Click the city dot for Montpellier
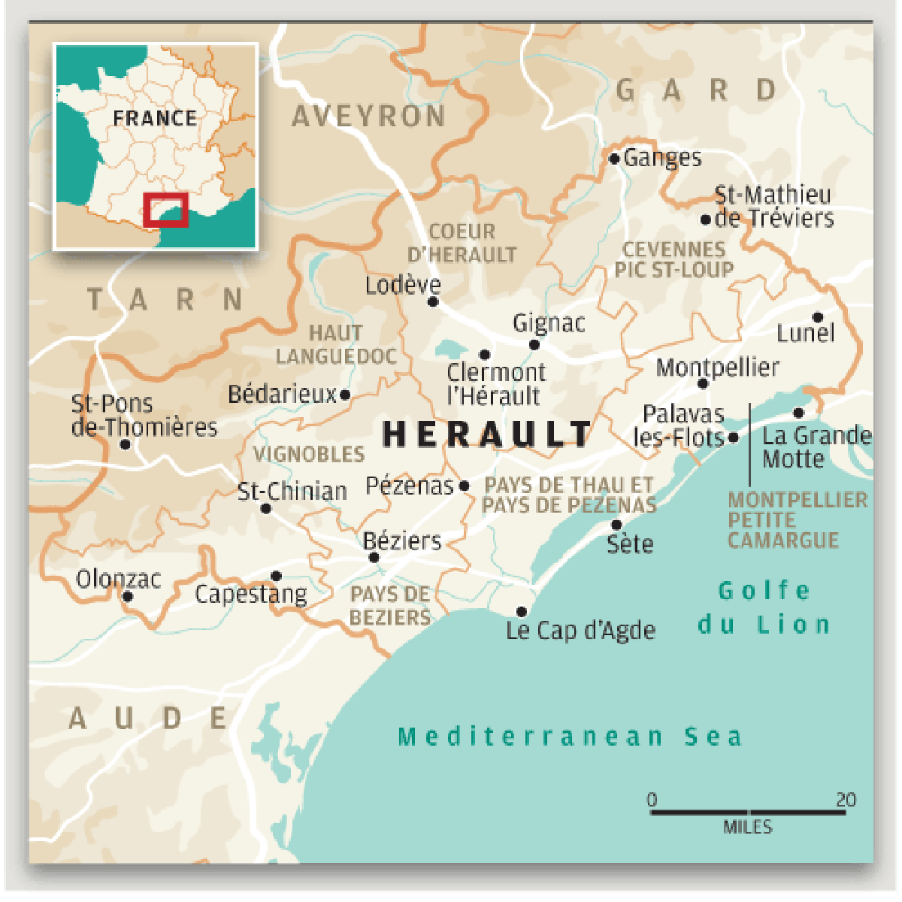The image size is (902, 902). pyautogui.click(x=703, y=383)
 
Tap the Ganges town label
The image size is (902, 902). pyautogui.click(x=662, y=158)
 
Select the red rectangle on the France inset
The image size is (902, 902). pyautogui.click(x=165, y=210)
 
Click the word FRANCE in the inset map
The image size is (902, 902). pyautogui.click(x=155, y=118)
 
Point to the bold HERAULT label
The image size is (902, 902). pyautogui.click(x=487, y=434)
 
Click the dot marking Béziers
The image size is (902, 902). pyautogui.click(x=374, y=557)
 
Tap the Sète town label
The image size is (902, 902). pyautogui.click(x=630, y=543)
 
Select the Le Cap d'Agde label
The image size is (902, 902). pyautogui.click(x=580, y=630)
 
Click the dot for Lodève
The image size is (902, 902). pyautogui.click(x=432, y=301)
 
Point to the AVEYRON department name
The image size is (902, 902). pyautogui.click(x=368, y=117)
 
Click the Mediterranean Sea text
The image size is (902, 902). pyautogui.click(x=570, y=736)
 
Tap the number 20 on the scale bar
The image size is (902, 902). pyautogui.click(x=846, y=800)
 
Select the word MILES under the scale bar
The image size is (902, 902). pyautogui.click(x=747, y=827)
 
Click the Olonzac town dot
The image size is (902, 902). pyautogui.click(x=128, y=596)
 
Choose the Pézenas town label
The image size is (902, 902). pyautogui.click(x=410, y=486)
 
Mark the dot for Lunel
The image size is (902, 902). pyautogui.click(x=817, y=317)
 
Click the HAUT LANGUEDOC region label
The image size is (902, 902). pyautogui.click(x=336, y=344)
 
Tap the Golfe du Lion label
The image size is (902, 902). pyautogui.click(x=764, y=607)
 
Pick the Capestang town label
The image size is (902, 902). pyautogui.click(x=251, y=595)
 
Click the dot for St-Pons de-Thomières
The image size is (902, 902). pyautogui.click(x=126, y=444)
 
